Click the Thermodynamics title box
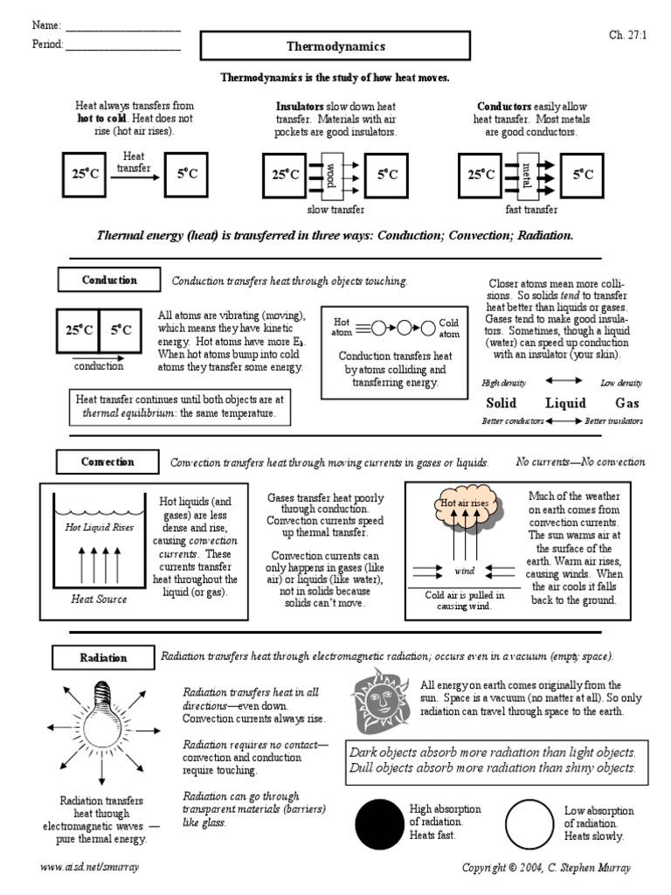click(x=335, y=46)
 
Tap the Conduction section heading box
click(x=109, y=281)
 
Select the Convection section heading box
click(x=107, y=462)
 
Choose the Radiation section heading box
click(x=103, y=657)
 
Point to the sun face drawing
click(x=381, y=698)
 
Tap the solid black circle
click(x=380, y=825)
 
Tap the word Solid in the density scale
click(x=501, y=403)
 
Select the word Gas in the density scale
click(x=627, y=403)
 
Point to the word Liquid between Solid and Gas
click(x=565, y=403)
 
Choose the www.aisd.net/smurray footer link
click(x=90, y=867)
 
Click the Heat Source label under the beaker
click(x=99, y=599)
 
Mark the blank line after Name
click(x=123, y=27)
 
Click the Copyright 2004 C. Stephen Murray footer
click(x=546, y=867)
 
